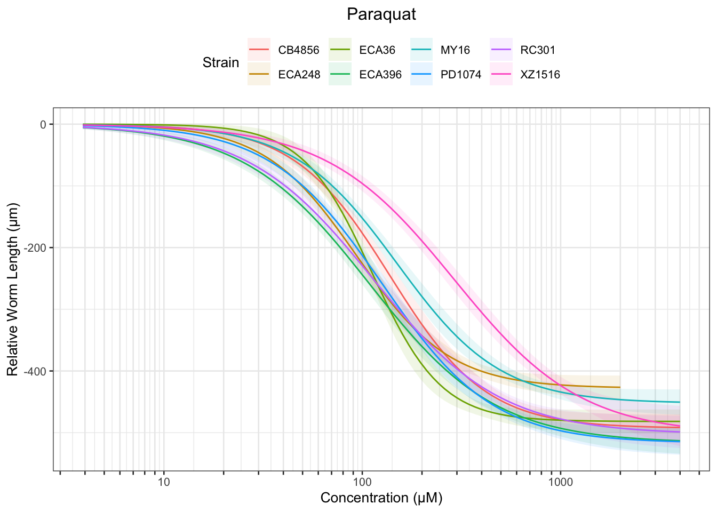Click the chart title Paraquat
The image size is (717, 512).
tap(381, 14)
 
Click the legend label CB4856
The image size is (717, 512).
tap(299, 51)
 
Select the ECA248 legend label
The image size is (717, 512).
tap(299, 75)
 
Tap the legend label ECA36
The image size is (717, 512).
tap(377, 51)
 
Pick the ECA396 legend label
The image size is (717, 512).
tap(380, 75)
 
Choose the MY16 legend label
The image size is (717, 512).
tap(455, 51)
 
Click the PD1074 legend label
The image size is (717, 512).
tap(461, 75)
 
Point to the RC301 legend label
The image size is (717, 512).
tap(538, 51)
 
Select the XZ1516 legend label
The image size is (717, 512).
tap(540, 75)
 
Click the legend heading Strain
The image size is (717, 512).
tap(221, 63)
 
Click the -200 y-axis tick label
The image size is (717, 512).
tap(37, 248)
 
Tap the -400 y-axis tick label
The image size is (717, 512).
tap(37, 371)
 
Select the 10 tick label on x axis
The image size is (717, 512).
tap(164, 483)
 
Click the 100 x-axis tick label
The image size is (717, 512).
tap(362, 483)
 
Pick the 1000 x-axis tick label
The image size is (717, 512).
tap(560, 483)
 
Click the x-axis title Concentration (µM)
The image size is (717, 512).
tap(381, 498)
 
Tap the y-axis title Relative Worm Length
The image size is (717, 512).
tap(13, 289)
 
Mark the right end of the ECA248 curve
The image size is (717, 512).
tap(620, 387)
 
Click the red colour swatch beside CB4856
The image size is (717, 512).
tap(259, 51)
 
